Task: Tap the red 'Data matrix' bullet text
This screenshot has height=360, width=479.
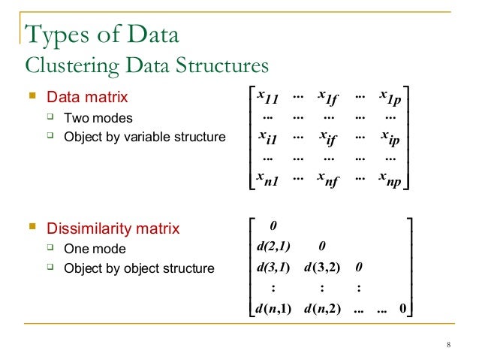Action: (x=87, y=98)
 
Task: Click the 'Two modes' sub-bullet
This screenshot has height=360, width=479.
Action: (x=98, y=118)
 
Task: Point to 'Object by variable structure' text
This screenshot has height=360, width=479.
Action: (x=144, y=138)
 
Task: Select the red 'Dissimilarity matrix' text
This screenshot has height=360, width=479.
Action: (x=113, y=228)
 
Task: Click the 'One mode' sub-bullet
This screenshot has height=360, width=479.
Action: (x=95, y=249)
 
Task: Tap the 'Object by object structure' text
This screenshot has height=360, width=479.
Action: (x=139, y=268)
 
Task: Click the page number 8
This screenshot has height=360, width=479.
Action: (x=448, y=345)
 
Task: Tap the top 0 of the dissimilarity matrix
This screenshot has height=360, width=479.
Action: (x=273, y=225)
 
